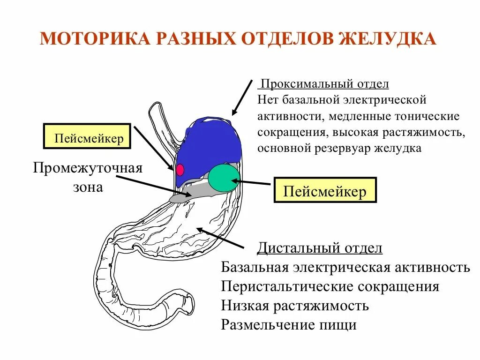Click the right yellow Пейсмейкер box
[x=325, y=190]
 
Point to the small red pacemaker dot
[x=180, y=169]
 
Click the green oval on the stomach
[x=224, y=178]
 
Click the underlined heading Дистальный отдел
[x=320, y=248]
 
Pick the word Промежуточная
[x=88, y=168]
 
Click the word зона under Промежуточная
[x=88, y=187]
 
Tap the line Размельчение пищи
[x=289, y=324]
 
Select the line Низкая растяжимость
[x=295, y=306]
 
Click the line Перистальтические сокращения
[x=330, y=286]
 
